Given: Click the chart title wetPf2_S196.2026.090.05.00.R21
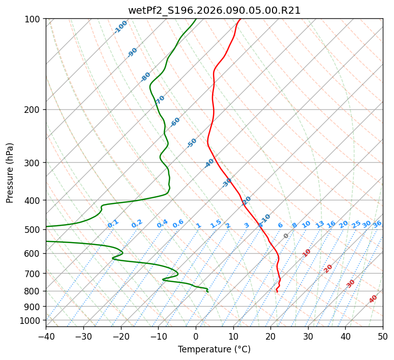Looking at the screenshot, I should point(214,10).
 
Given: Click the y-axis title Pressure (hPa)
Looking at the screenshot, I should point(10,173).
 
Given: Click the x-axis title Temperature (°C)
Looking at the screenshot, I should point(214,349).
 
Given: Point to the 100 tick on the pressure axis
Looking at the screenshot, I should point(35,19).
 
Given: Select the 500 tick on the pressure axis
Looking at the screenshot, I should point(35,230).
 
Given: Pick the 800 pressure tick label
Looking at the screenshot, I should point(35,291).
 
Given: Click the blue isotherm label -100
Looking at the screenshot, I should point(120,27).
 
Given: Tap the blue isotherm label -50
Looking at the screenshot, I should point(192,143).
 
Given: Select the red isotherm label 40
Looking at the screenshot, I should point(373,299).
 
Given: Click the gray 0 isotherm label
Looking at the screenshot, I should point(286,236).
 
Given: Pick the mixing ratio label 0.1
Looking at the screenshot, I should point(113,224).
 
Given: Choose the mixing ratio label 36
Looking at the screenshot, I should point(377,224).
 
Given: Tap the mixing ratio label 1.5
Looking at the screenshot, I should point(216,224).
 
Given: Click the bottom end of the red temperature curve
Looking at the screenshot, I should point(277,292).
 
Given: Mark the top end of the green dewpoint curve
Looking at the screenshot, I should point(196,19).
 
